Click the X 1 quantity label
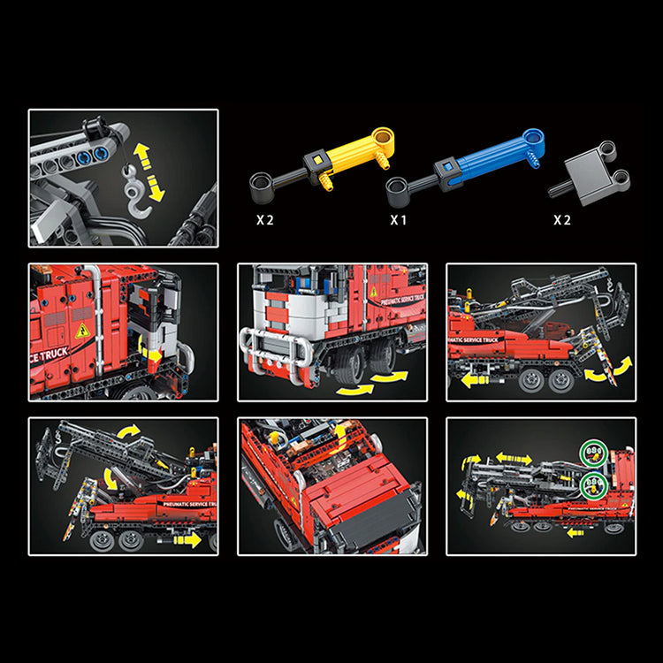click(x=398, y=219)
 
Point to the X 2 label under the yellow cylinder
click(x=264, y=219)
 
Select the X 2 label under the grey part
click(x=562, y=219)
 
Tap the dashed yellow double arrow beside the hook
click(x=156, y=174)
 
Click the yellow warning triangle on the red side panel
click(x=82, y=331)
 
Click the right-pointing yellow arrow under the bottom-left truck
click(x=189, y=539)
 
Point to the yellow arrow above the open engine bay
click(x=341, y=433)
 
